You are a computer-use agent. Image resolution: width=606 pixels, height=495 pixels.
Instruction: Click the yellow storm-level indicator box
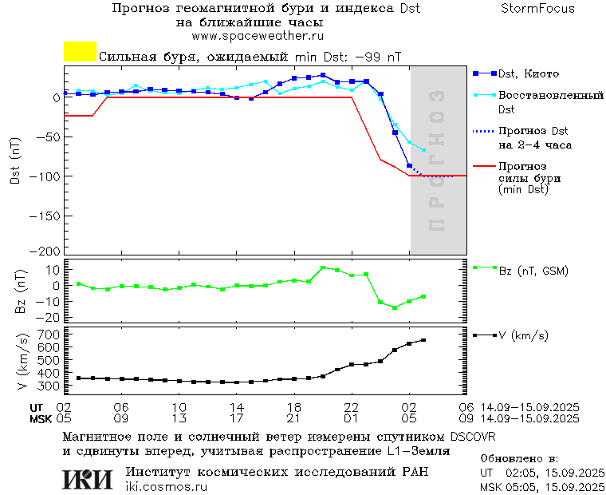(80, 52)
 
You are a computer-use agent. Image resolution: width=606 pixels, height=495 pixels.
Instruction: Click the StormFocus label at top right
(537, 10)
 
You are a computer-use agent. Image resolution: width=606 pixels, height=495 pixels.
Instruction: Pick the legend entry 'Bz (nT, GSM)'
(533, 271)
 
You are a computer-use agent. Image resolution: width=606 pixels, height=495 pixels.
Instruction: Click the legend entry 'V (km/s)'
(523, 336)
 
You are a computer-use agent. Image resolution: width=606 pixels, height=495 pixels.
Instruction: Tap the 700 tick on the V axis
(49, 334)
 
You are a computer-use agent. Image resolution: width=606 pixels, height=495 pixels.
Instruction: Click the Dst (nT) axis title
(14, 162)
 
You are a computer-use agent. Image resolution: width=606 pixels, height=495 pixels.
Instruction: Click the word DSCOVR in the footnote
(473, 437)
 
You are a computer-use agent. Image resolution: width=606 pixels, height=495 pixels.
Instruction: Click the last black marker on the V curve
(423, 340)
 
